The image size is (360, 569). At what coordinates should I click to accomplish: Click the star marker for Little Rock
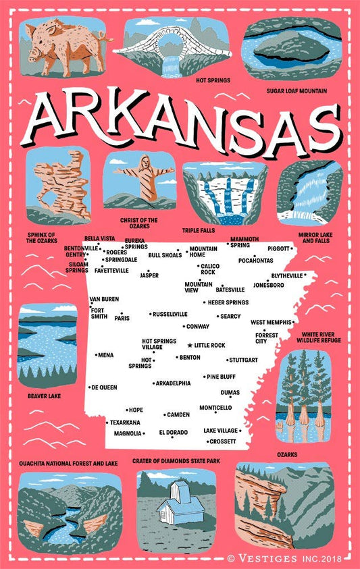(x=190, y=345)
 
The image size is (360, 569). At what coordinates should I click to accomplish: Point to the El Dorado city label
(x=173, y=433)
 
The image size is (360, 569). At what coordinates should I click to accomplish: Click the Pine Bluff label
(x=222, y=377)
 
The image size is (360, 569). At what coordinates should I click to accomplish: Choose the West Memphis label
(x=270, y=323)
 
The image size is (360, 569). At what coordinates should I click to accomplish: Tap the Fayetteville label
(x=111, y=270)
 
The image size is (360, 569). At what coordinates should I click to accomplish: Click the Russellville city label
(x=170, y=314)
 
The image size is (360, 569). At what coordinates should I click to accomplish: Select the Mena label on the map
(x=106, y=354)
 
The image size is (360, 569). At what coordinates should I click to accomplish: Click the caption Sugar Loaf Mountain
(x=297, y=90)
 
